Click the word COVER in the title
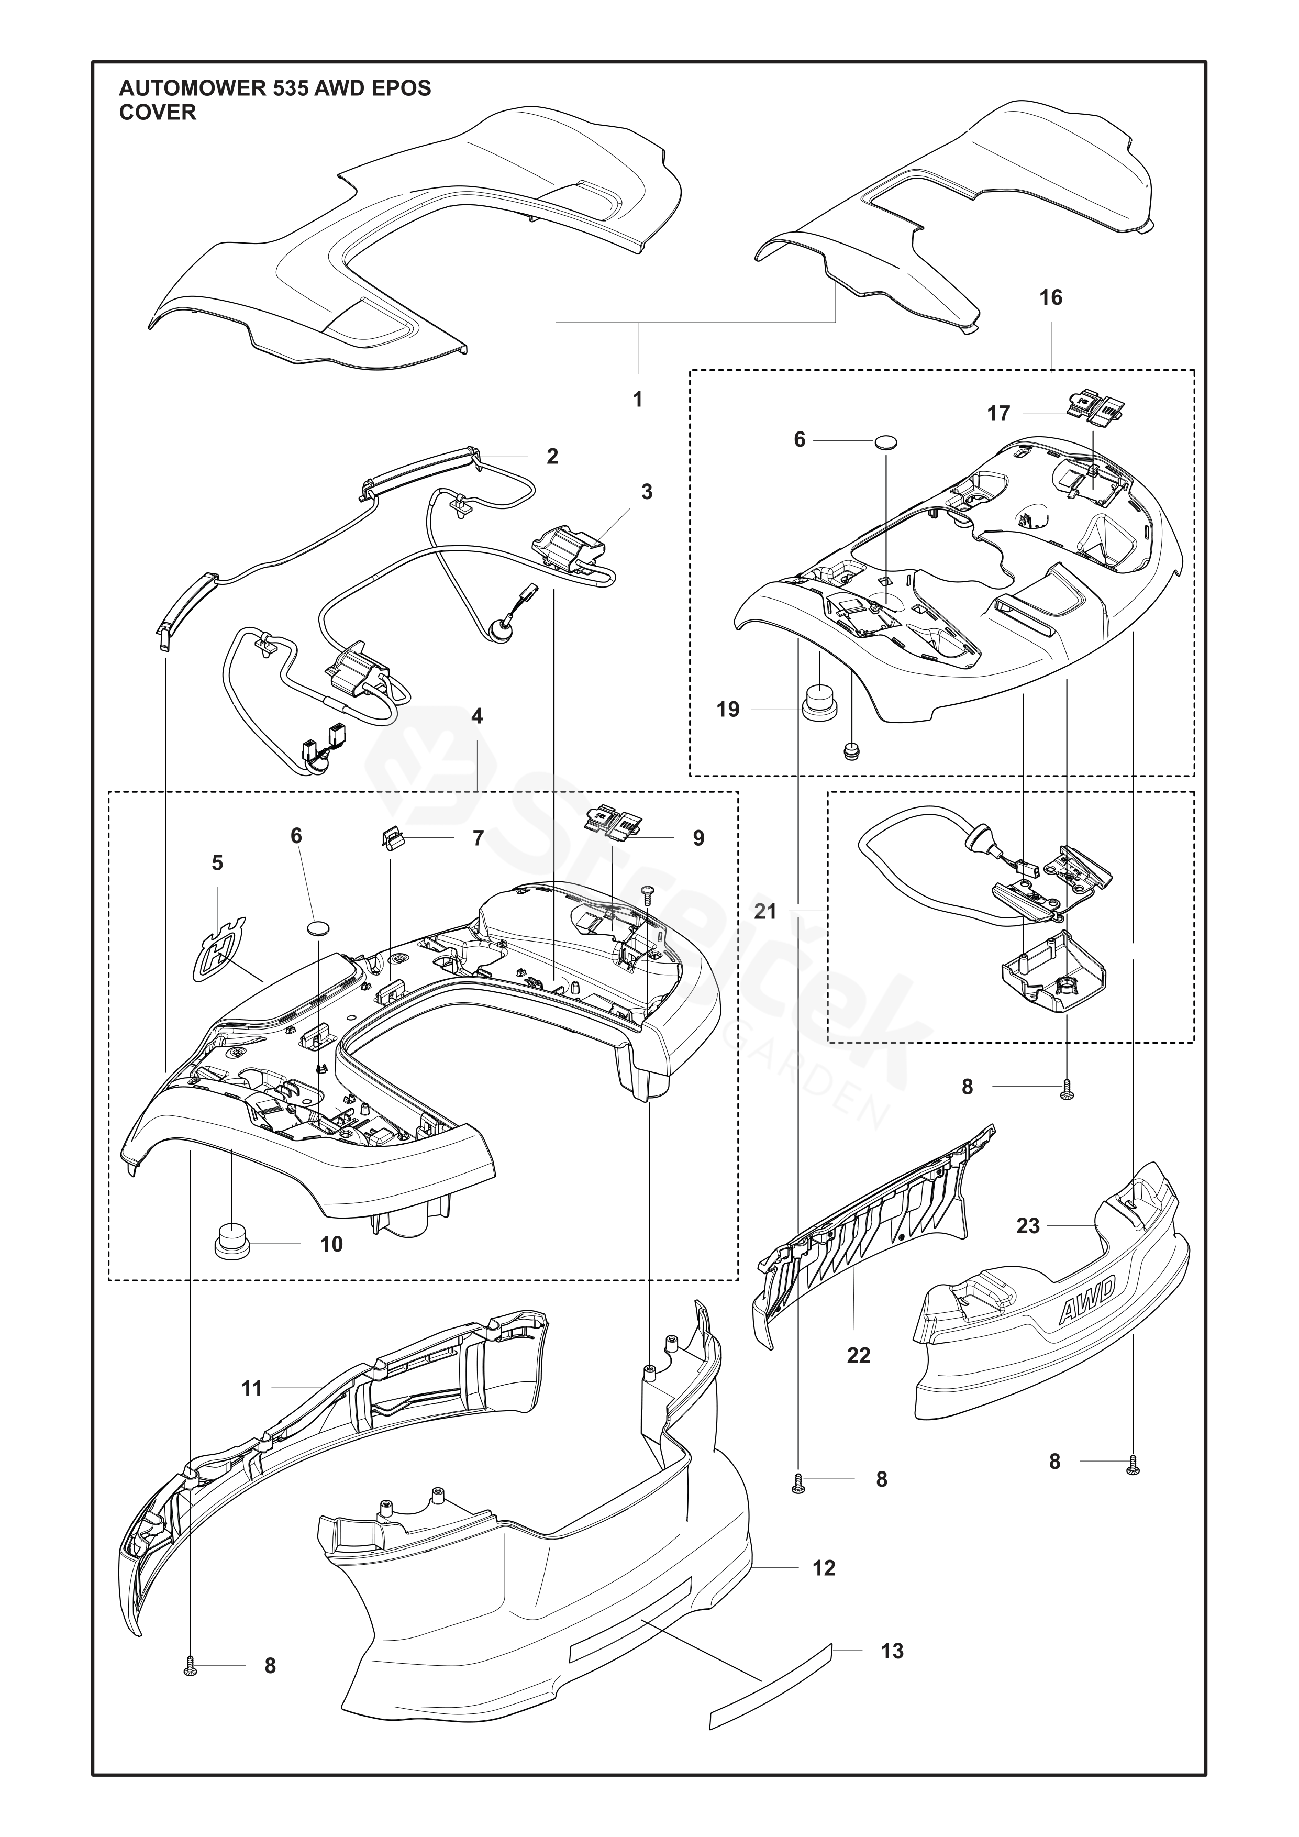pyautogui.click(x=158, y=113)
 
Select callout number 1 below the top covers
pyautogui.click(x=638, y=399)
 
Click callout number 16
pyautogui.click(x=1050, y=297)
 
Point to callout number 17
pyautogui.click(x=998, y=414)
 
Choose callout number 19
pyautogui.click(x=728, y=709)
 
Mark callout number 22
pyautogui.click(x=858, y=1355)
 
